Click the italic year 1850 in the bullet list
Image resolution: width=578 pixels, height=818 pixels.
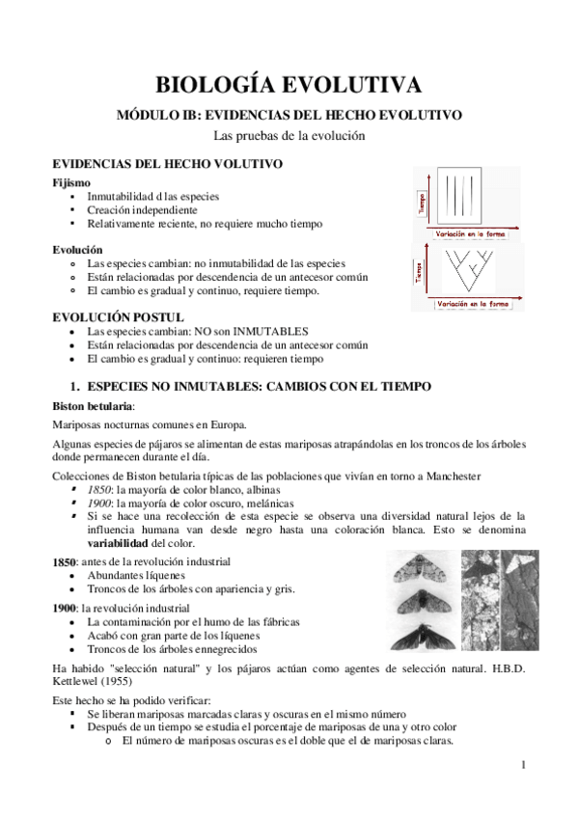pos(98,490)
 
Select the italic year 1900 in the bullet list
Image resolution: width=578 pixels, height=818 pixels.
pos(98,504)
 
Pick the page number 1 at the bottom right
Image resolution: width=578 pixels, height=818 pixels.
pos(522,765)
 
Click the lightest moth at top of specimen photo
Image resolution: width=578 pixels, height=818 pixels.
pos(417,566)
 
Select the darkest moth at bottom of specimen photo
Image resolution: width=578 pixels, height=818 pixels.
pos(417,635)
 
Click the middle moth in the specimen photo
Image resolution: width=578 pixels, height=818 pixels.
pos(417,600)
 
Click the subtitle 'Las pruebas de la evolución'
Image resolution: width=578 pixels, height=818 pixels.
pos(289,136)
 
